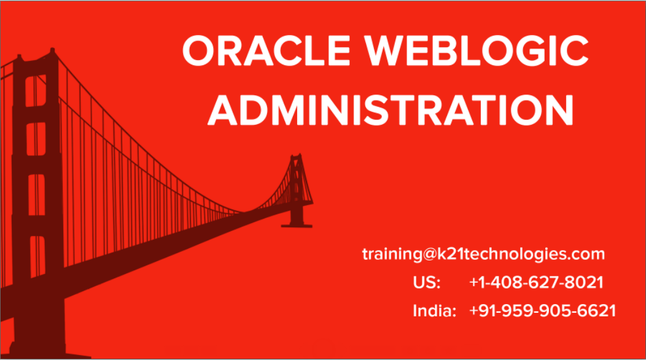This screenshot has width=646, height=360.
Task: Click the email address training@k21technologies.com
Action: (x=483, y=254)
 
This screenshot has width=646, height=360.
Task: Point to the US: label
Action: (x=427, y=283)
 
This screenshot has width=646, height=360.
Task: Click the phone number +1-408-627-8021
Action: (x=536, y=283)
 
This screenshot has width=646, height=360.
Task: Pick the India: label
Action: (x=434, y=311)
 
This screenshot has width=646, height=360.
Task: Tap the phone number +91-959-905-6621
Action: (x=542, y=311)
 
